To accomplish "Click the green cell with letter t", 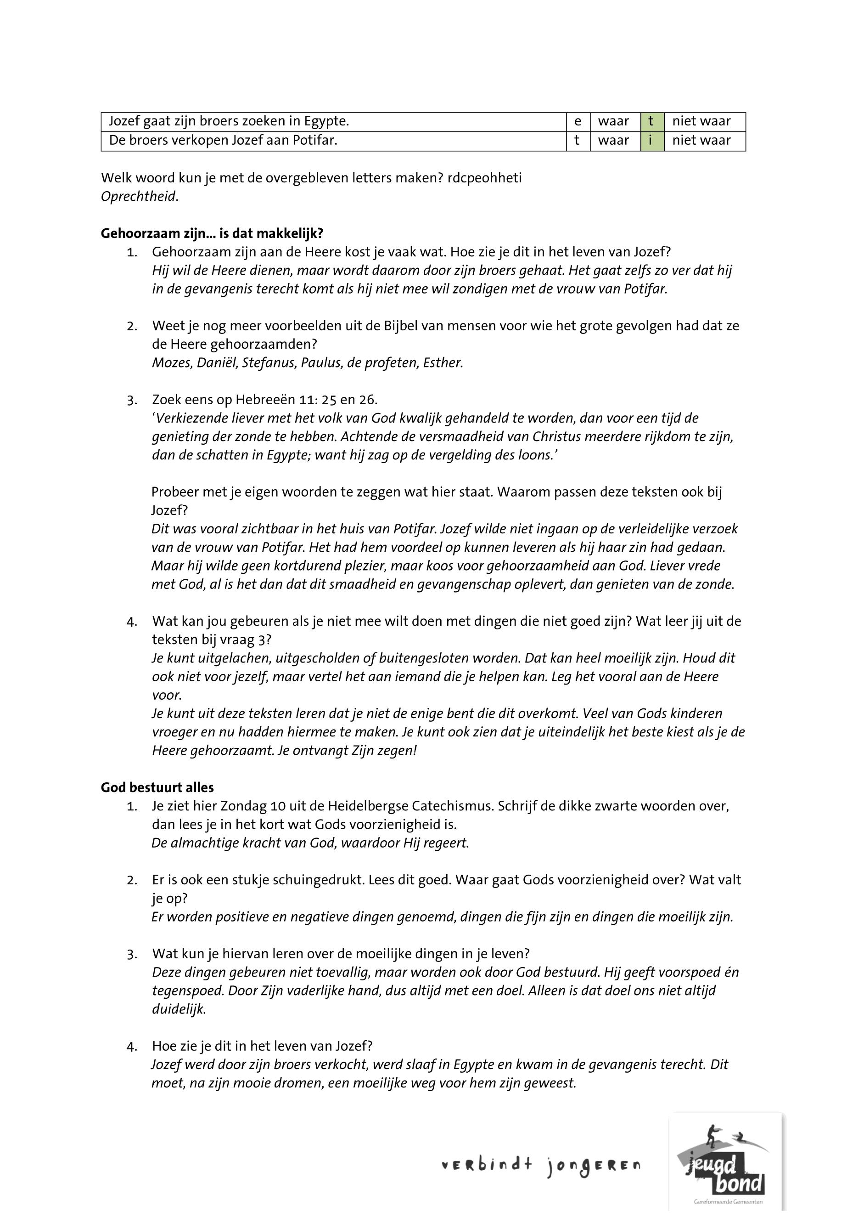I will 652,122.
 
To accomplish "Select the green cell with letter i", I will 652,141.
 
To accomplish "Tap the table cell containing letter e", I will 578,122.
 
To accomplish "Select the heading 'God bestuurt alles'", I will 157,787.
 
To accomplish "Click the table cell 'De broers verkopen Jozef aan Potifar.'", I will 223,141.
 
